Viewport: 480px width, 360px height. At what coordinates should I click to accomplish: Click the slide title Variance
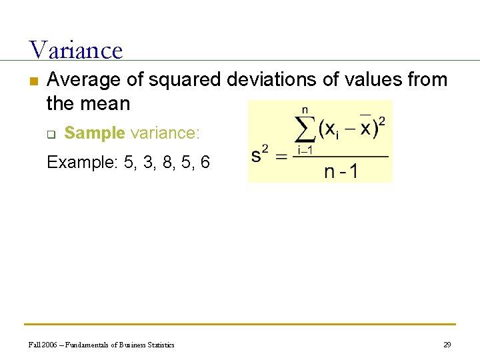click(x=76, y=50)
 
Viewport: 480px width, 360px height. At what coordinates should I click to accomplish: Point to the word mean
click(x=106, y=103)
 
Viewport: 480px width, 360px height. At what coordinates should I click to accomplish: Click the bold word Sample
click(x=95, y=133)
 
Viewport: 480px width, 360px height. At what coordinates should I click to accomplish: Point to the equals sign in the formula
click(x=283, y=157)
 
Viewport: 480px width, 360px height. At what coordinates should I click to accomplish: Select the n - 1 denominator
click(x=341, y=171)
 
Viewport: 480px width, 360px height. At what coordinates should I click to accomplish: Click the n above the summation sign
click(x=305, y=109)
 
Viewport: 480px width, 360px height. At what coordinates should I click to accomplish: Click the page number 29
click(x=447, y=345)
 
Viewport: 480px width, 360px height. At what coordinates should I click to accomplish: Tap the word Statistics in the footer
click(x=159, y=345)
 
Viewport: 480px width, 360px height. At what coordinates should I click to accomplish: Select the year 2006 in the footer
click(x=48, y=345)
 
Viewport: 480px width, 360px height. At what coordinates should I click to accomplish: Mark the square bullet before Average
click(x=32, y=81)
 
